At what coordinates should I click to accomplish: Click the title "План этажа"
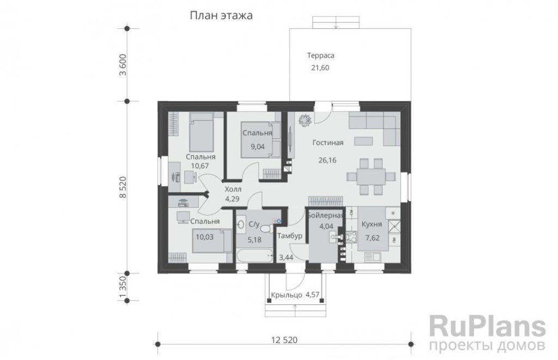(221, 16)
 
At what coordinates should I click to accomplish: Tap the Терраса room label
(320, 56)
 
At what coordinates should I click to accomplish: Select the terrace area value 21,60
(320, 68)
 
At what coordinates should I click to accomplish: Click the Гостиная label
(327, 143)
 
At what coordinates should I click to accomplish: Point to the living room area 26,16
(327, 160)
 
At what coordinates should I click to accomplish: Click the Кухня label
(372, 224)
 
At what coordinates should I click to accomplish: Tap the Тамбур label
(290, 235)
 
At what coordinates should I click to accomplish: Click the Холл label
(233, 189)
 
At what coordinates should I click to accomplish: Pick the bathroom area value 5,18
(254, 240)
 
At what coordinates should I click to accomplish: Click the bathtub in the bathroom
(254, 255)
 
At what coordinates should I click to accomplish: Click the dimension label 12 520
(284, 340)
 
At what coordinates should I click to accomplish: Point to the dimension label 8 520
(123, 187)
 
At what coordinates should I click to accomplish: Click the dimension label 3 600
(123, 65)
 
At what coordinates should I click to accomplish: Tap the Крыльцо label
(287, 295)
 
